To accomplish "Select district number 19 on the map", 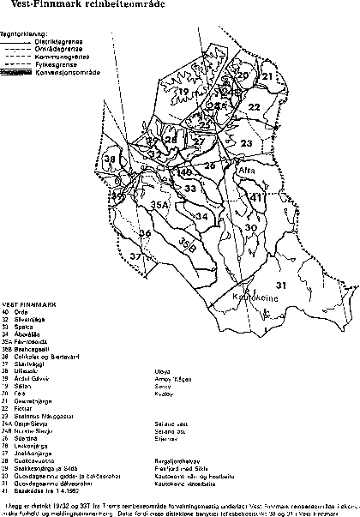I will point(183,91).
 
